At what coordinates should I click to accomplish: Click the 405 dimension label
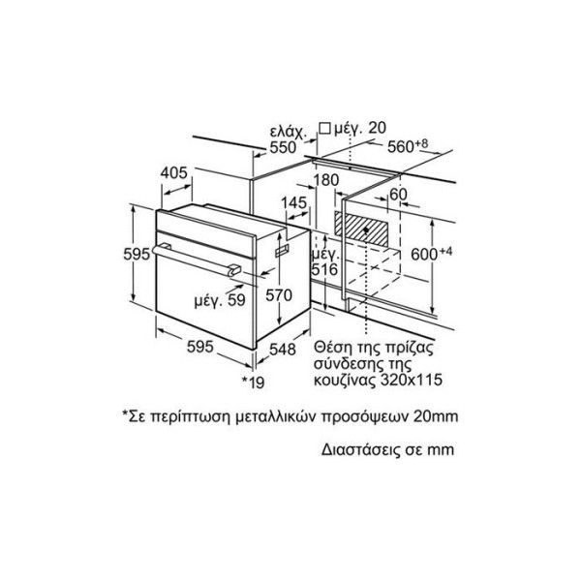click(174, 173)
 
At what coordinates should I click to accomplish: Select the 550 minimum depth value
click(283, 147)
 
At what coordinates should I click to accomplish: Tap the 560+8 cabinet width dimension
click(408, 145)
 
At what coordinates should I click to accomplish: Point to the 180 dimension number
click(326, 180)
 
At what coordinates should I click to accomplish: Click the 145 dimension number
click(293, 202)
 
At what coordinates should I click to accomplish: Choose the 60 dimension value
click(398, 195)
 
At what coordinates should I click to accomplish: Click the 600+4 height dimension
click(432, 254)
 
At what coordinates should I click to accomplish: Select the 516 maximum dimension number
click(324, 269)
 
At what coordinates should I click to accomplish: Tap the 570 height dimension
click(279, 295)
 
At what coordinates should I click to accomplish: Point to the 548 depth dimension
click(283, 349)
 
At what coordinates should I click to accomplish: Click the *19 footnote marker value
click(254, 382)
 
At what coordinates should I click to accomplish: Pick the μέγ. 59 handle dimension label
click(220, 300)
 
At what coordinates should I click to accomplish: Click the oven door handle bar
click(197, 260)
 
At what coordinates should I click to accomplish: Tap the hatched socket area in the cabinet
click(361, 229)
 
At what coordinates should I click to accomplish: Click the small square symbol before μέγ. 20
click(324, 128)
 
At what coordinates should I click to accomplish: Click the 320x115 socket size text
click(413, 380)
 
